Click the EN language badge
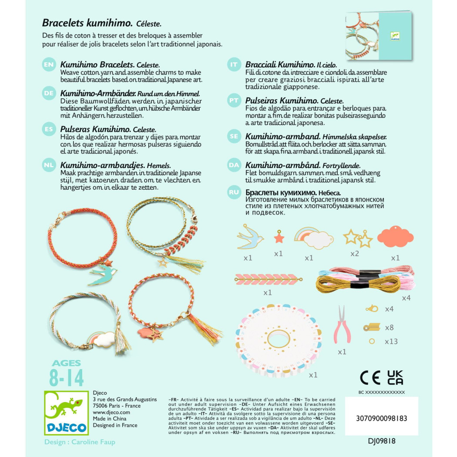49,65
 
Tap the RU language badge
234,192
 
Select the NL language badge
49,166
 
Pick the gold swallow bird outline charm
250,237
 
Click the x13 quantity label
391,342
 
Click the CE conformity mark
370,377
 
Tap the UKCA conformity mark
395,377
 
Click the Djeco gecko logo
66,413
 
